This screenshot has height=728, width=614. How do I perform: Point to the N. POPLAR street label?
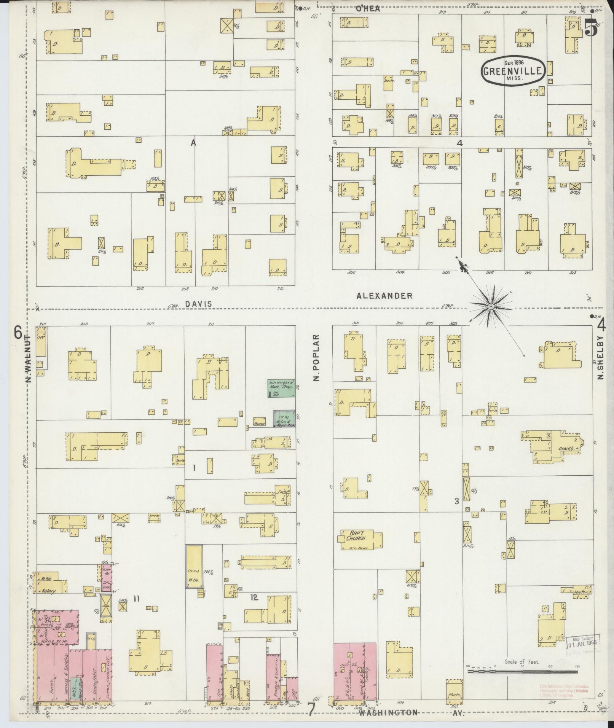tap(316, 358)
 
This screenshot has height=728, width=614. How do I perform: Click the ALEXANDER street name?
tap(384, 296)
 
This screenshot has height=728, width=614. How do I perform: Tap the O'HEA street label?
tap(367, 9)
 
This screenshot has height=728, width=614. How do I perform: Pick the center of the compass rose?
tap(491, 306)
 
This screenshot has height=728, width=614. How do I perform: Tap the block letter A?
tap(193, 143)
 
